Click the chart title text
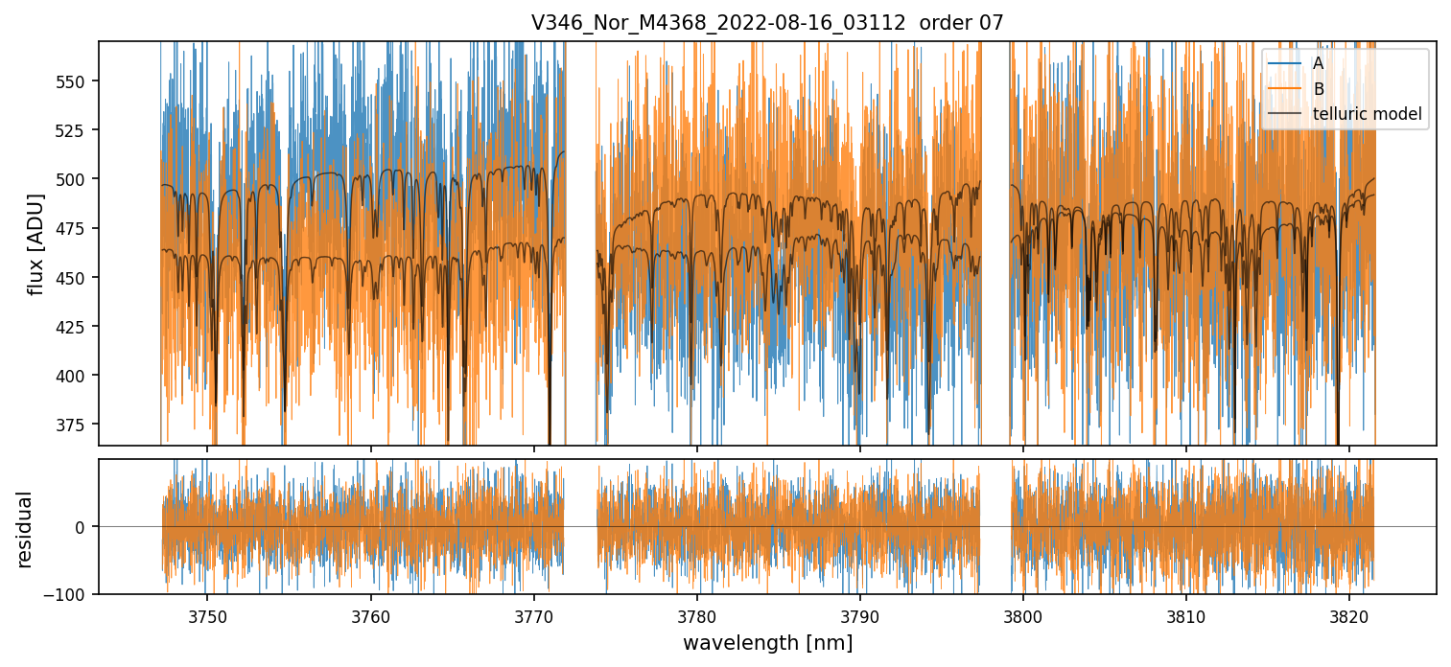766,23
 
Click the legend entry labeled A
1319,63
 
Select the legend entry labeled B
1319,89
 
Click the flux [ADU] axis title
36,243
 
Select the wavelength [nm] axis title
767,642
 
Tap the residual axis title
25,529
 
